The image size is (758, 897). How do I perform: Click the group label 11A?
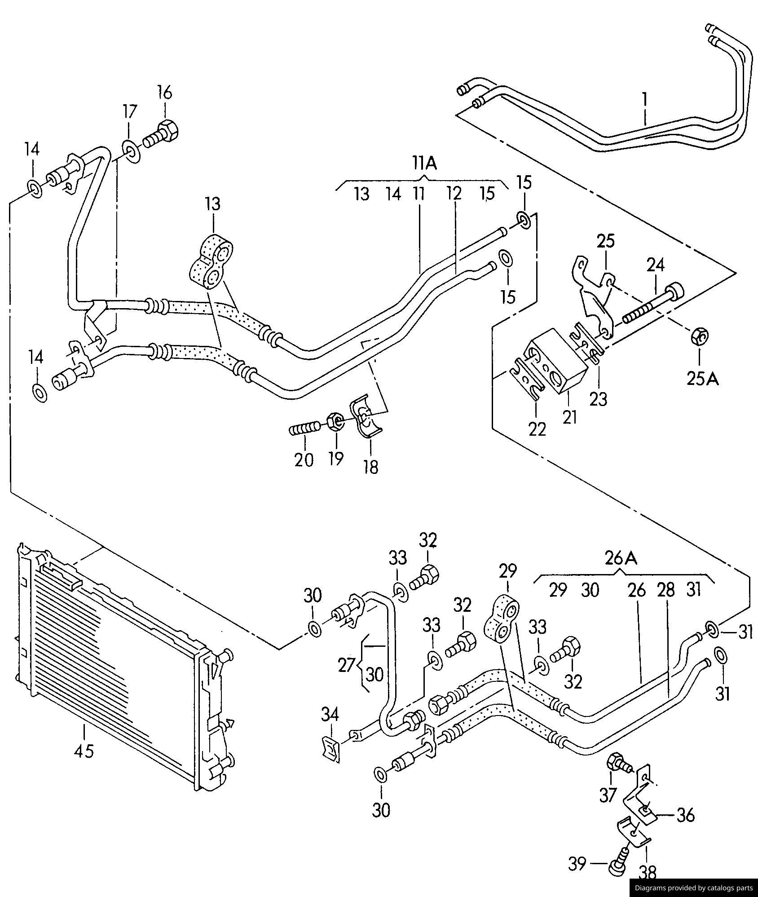point(424,163)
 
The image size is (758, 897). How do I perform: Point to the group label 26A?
point(621,558)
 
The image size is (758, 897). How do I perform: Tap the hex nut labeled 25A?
point(699,336)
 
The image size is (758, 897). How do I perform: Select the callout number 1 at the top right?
point(645,99)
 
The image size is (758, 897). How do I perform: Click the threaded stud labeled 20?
point(304,429)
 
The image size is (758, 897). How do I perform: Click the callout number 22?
point(537,429)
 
